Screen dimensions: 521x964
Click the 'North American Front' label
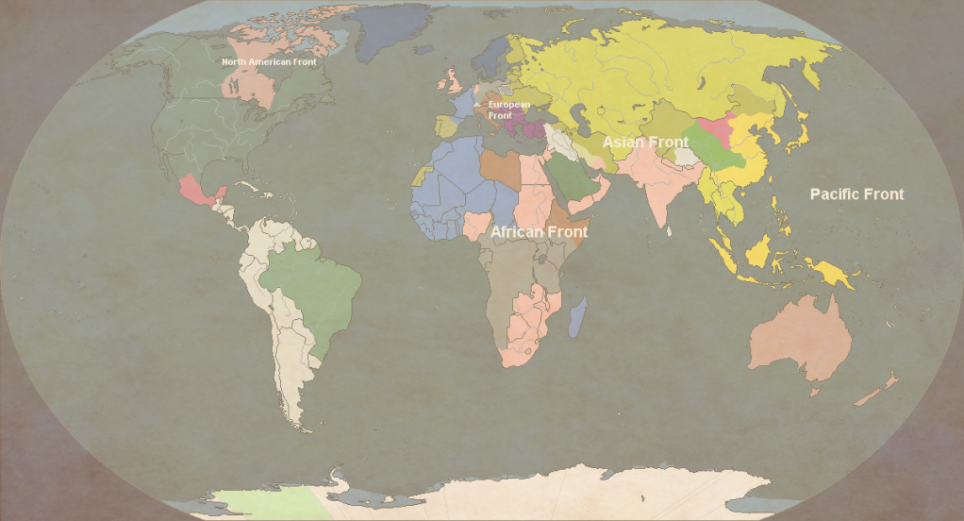[x=269, y=62]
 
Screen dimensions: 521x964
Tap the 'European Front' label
[x=508, y=109]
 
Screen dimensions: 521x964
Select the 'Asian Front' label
[x=645, y=142]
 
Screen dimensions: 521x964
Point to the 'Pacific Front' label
[x=856, y=194]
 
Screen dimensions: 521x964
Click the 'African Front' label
[x=539, y=231]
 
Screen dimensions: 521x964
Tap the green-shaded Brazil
[x=311, y=288]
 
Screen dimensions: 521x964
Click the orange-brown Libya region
[x=499, y=168]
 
